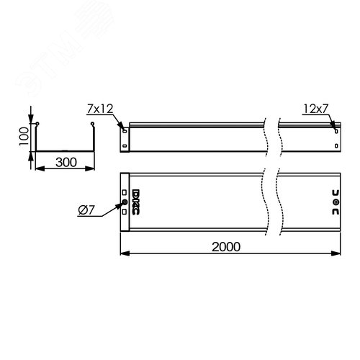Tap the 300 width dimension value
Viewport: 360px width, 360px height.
64,163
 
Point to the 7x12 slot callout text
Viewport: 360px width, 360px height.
99,109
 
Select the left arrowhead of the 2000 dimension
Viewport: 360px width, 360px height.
122,253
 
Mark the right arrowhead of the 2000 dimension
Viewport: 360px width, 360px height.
338,253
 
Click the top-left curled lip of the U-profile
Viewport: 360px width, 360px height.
37,126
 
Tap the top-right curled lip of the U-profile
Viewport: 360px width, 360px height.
93,126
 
